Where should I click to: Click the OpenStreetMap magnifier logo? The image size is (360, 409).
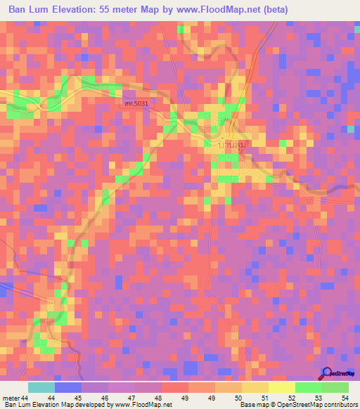[326, 375]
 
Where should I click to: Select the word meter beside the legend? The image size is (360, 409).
[11, 398]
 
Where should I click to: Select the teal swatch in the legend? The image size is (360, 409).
[41, 387]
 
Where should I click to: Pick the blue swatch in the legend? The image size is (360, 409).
[68, 387]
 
